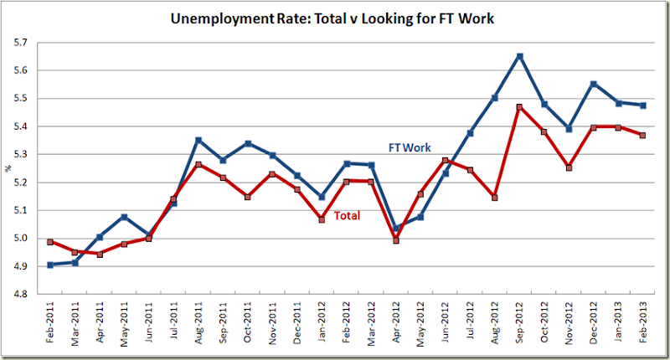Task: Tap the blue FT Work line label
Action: [x=410, y=147]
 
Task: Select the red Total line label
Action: [x=348, y=216]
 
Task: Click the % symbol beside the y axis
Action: [x=9, y=168]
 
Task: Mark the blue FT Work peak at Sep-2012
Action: [x=520, y=56]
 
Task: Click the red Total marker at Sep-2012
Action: [x=520, y=107]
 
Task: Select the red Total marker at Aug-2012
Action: [x=495, y=198]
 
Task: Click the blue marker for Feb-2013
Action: [x=643, y=105]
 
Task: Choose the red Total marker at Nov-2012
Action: [x=569, y=167]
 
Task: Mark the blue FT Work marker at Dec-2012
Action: [x=594, y=84]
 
